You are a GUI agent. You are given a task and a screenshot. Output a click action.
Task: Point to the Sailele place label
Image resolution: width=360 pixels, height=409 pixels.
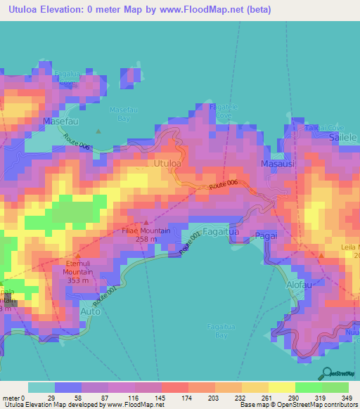(x=344, y=139)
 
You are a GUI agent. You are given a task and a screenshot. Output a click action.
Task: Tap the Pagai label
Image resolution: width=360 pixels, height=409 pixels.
(x=267, y=235)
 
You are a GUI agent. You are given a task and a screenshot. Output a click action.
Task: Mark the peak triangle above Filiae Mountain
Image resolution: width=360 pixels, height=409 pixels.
(x=146, y=222)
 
